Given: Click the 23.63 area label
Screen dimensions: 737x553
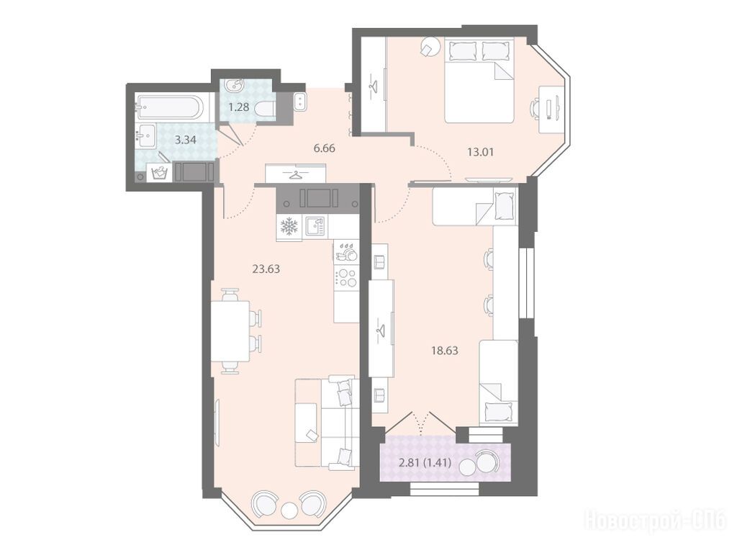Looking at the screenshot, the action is click(266, 269).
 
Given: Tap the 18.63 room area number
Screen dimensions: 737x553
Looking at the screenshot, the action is click(444, 351).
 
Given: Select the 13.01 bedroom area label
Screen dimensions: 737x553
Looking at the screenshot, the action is click(480, 152).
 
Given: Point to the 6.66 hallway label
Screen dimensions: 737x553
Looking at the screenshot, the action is click(325, 148).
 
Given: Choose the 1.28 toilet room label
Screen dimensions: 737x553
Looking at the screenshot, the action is click(238, 107).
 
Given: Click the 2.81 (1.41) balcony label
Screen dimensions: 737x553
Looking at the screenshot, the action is click(425, 463).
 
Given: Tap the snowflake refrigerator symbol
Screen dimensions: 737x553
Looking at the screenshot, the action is click(289, 228).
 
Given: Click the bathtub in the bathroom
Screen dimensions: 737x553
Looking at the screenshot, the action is click(169, 108).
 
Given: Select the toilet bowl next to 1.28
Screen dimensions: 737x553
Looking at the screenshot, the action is click(265, 109).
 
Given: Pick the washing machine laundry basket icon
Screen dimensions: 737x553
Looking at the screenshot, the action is click(159, 173).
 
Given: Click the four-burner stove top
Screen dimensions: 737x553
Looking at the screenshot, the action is click(346, 277).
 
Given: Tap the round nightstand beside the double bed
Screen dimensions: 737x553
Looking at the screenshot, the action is click(430, 47).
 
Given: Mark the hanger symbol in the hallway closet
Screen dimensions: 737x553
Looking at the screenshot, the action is click(295, 175).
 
